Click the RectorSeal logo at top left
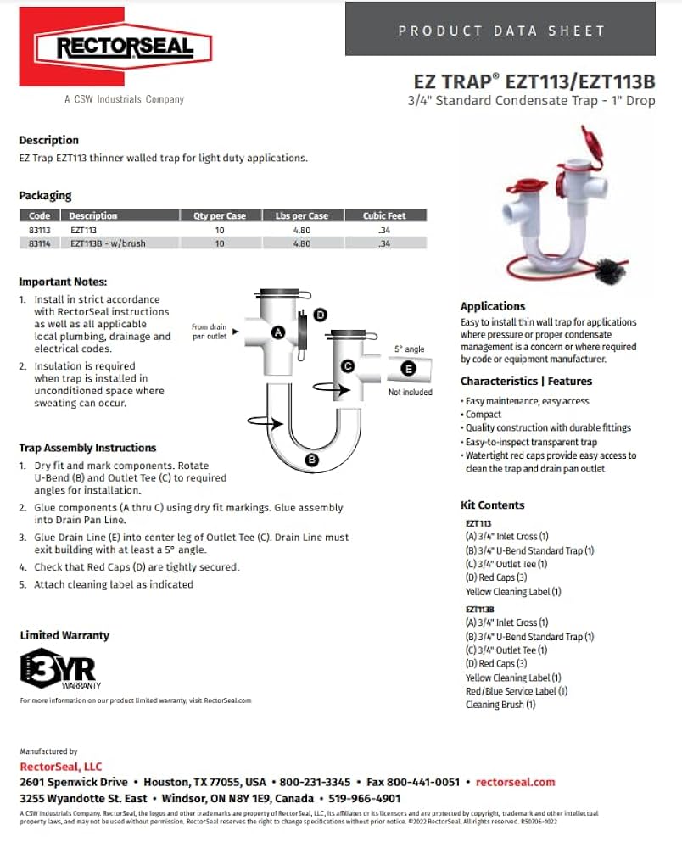click(x=124, y=47)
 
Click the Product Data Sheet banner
click(x=501, y=31)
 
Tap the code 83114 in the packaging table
click(x=39, y=243)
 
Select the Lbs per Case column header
click(x=295, y=215)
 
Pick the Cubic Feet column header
click(x=384, y=215)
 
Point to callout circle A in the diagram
click(x=277, y=333)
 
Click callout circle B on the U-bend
click(x=311, y=460)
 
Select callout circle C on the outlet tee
click(x=347, y=366)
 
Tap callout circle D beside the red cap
click(x=320, y=315)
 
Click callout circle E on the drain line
click(x=409, y=368)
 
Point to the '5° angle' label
click(x=409, y=349)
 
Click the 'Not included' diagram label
click(x=410, y=393)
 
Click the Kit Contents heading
click(x=492, y=505)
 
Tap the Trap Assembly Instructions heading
click(x=87, y=448)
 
